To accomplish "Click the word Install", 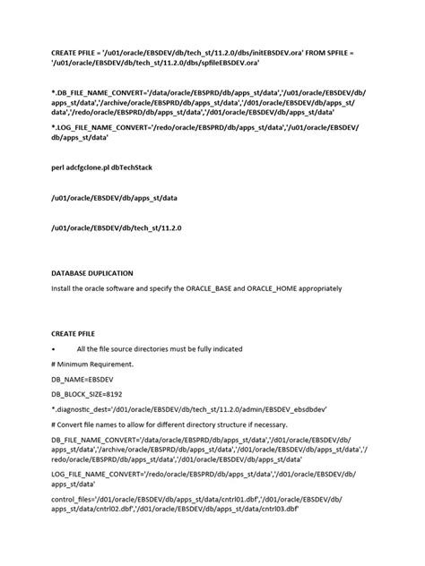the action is [x=62, y=288].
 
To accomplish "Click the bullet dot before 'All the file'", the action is [x=55, y=347].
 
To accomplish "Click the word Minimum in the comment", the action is [x=80, y=364].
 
